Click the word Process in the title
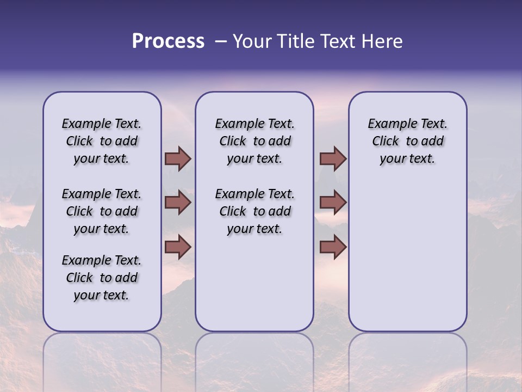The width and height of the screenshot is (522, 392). pyautogui.click(x=168, y=41)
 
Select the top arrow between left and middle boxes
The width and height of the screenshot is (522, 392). pyautogui.click(x=178, y=159)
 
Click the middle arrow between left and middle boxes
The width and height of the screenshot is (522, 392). pyautogui.click(x=178, y=203)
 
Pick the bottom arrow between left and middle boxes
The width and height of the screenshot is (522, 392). pyautogui.click(x=178, y=247)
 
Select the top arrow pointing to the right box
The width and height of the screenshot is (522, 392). pyautogui.click(x=333, y=159)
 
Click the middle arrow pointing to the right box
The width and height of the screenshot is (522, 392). pyautogui.click(x=333, y=203)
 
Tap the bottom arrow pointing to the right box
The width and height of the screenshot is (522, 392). pyautogui.click(x=333, y=247)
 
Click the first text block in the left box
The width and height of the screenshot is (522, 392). pyautogui.click(x=102, y=141)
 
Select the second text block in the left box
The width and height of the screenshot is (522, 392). pyautogui.click(x=102, y=211)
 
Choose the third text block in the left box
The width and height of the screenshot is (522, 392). pyautogui.click(x=102, y=278)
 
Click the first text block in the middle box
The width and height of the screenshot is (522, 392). pyautogui.click(x=254, y=141)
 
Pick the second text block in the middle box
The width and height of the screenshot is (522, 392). pyautogui.click(x=254, y=211)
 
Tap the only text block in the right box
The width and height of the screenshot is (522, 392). pyautogui.click(x=407, y=141)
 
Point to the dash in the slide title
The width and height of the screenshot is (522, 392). pyautogui.click(x=221, y=41)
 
